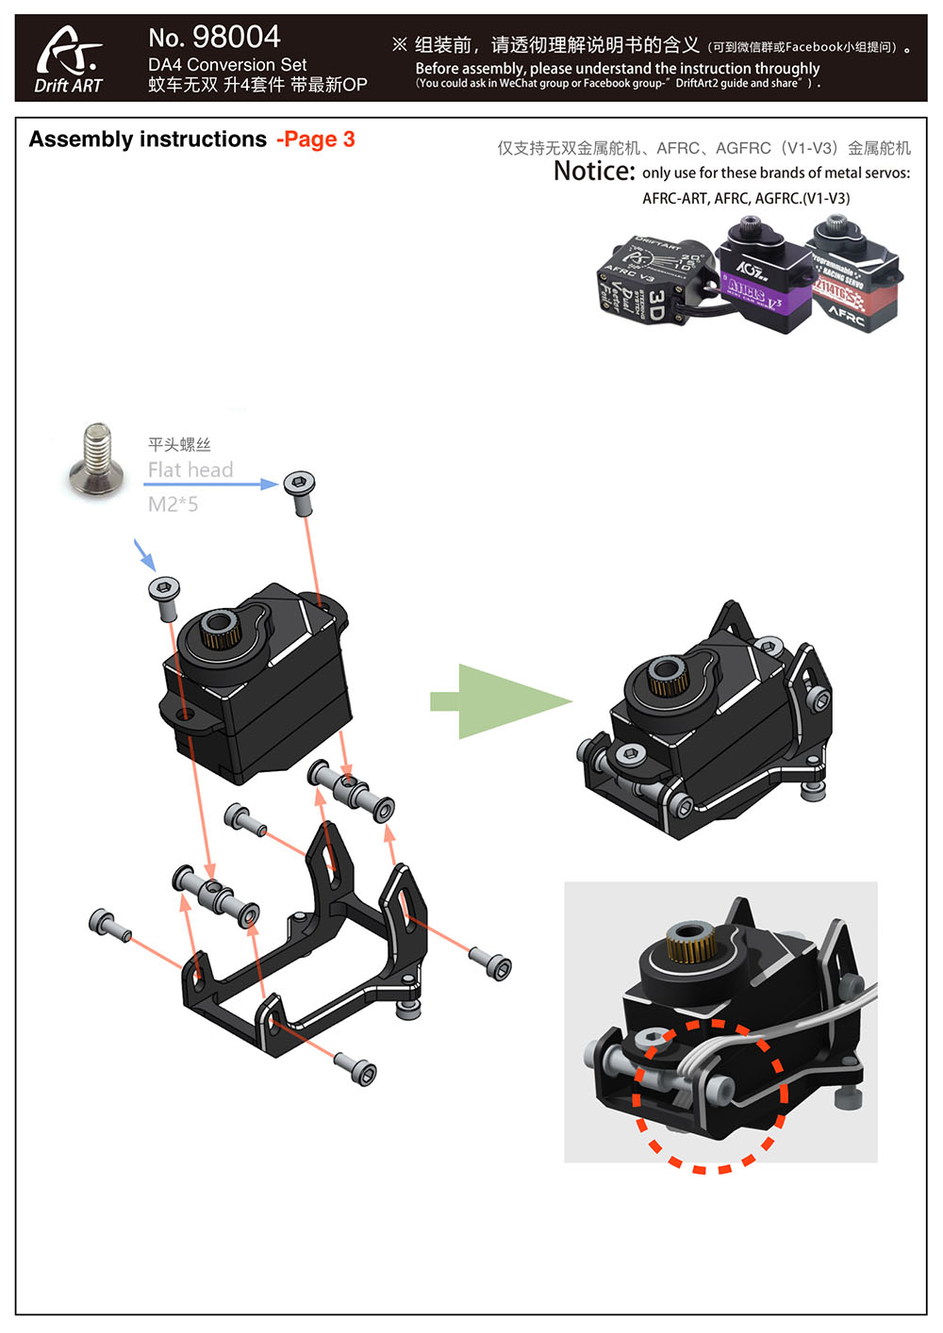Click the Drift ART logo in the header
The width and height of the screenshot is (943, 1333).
pyautogui.click(x=69, y=59)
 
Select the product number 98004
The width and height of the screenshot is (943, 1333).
pyautogui.click(x=236, y=37)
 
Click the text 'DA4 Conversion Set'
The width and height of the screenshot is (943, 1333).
pyautogui.click(x=227, y=65)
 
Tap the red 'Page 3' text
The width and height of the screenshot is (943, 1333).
pyautogui.click(x=317, y=140)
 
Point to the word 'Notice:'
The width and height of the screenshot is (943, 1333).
pyautogui.click(x=594, y=171)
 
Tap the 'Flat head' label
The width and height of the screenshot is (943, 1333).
pyautogui.click(x=190, y=469)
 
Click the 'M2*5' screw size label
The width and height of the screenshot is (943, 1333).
pyautogui.click(x=173, y=504)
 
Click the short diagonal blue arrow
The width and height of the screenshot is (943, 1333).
pyautogui.click(x=144, y=554)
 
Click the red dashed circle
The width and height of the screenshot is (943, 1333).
pyautogui.click(x=710, y=1095)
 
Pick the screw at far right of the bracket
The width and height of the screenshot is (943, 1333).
pyautogui.click(x=491, y=963)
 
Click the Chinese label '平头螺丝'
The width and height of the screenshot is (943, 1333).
pyautogui.click(x=179, y=444)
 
